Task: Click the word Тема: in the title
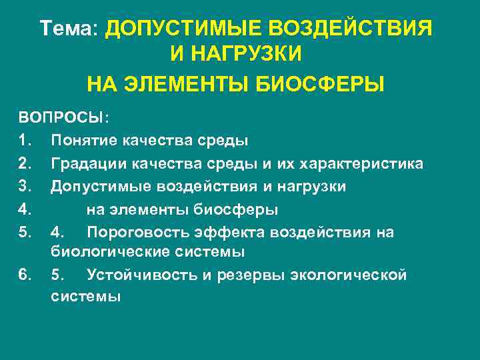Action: point(69,29)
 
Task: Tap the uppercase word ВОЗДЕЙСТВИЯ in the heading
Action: point(350,29)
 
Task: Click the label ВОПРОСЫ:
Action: point(65,118)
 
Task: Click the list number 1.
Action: point(24,141)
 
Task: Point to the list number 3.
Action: point(24,187)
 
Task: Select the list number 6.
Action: point(24,275)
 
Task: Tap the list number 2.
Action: point(24,163)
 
